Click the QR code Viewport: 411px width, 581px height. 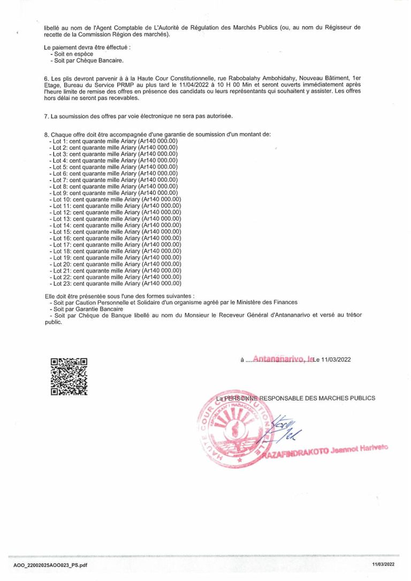click(68, 377)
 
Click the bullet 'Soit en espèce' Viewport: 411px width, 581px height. click(73, 54)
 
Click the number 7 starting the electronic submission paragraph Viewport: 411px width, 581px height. click(47, 116)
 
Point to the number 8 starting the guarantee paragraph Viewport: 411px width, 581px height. click(47, 134)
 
